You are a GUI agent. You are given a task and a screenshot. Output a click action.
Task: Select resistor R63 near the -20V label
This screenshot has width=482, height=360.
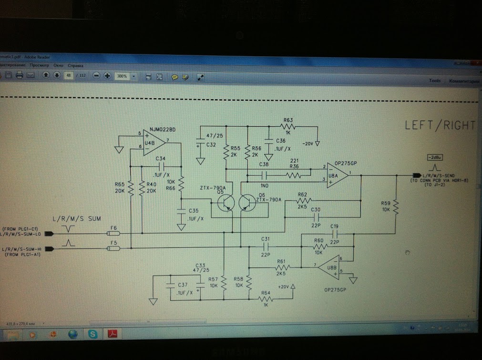(287, 126)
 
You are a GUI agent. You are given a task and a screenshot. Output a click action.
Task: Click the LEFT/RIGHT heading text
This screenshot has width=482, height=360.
(440, 125)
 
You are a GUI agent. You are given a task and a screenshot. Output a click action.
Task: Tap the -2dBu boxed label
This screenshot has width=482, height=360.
(434, 156)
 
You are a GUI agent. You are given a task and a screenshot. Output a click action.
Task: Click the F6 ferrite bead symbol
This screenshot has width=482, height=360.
(113, 233)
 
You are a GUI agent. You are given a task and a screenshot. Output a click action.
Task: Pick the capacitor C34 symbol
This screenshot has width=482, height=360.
(161, 166)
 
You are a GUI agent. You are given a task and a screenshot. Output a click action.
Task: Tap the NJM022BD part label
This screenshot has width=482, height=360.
(163, 129)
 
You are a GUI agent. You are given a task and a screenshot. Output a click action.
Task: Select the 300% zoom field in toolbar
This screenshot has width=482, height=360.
(124, 76)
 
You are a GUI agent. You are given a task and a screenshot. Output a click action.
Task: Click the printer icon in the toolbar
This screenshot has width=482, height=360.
(20, 75)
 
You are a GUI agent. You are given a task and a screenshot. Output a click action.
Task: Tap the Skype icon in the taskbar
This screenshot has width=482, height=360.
(93, 334)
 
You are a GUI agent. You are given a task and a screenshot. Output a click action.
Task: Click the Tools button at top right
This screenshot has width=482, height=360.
(434, 81)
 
